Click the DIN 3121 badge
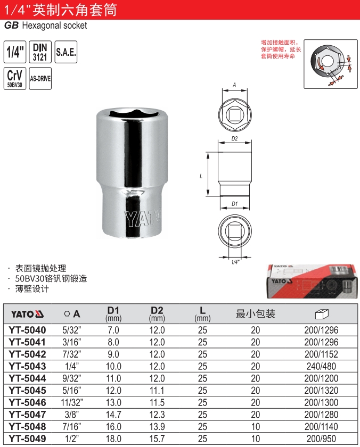tap(40, 52)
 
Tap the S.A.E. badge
tap(66, 52)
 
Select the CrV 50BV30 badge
tap(15, 78)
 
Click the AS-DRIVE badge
tap(40, 78)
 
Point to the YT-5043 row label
tap(27, 366)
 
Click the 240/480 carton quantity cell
tap(321, 366)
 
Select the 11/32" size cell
tap(72, 402)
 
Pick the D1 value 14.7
tap(113, 415)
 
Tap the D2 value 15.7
tap(157, 438)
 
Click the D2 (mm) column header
tap(157, 314)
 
